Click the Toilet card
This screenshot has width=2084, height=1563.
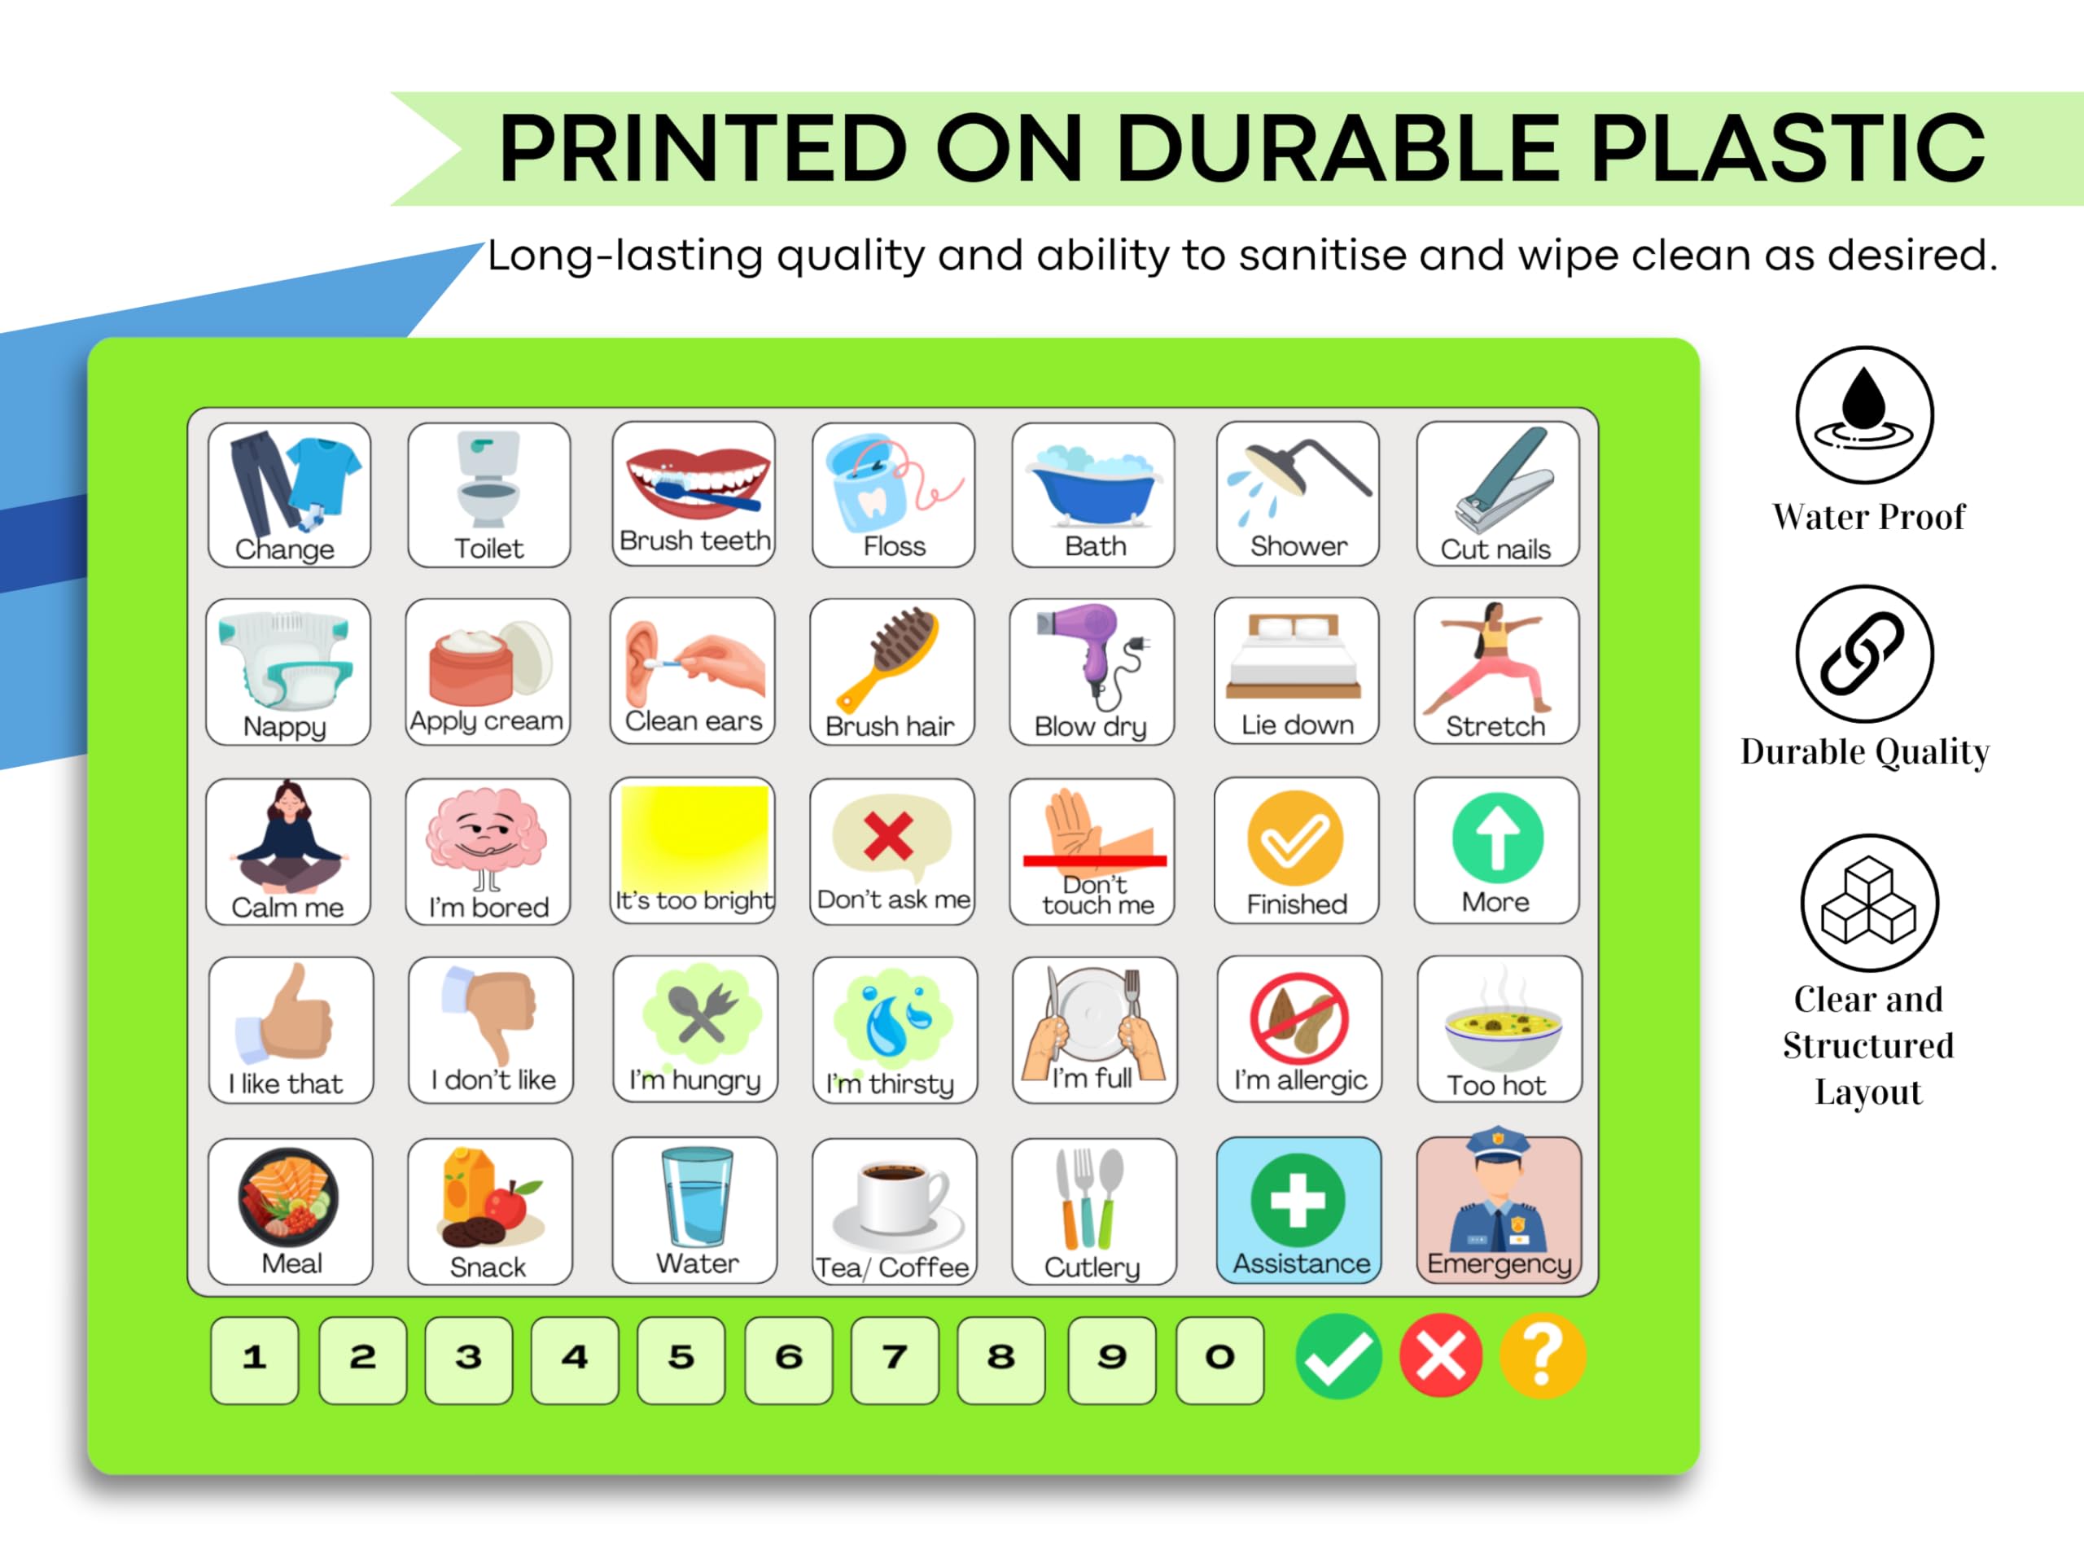click(489, 495)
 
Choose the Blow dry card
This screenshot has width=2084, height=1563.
click(1092, 672)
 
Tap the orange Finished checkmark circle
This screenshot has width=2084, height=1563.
click(1295, 838)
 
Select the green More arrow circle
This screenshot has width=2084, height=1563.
click(1497, 838)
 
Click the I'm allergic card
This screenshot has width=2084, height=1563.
click(1299, 1029)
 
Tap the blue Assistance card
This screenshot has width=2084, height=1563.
click(1299, 1210)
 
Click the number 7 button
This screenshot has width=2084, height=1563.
click(895, 1359)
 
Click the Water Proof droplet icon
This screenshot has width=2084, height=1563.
click(1864, 415)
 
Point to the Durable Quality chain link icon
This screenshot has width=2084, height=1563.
click(1864, 654)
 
